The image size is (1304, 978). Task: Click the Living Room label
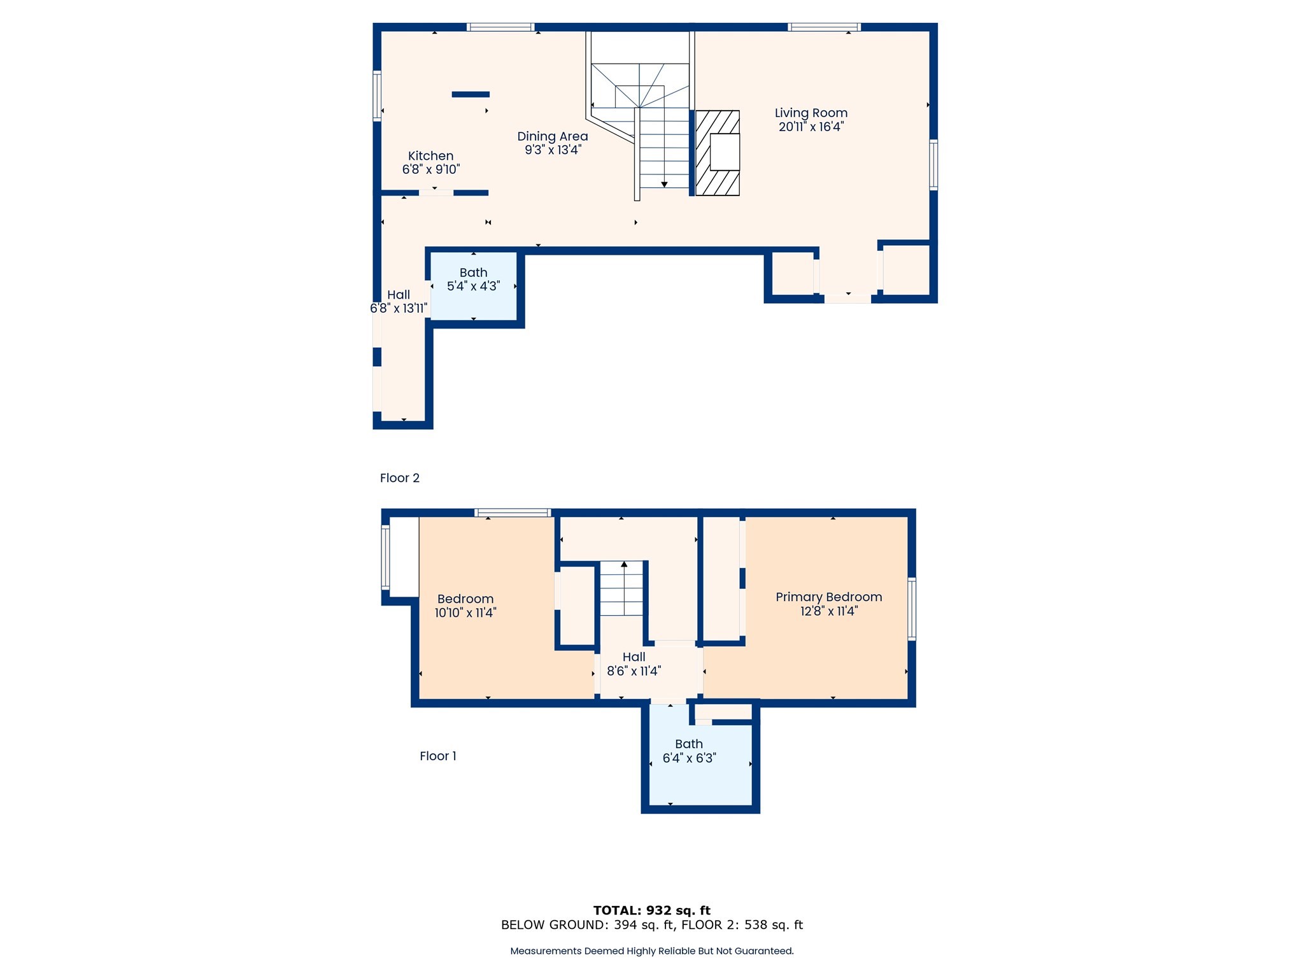(x=811, y=113)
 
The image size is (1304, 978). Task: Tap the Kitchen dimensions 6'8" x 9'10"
(x=430, y=169)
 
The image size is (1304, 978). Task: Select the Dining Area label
(x=552, y=136)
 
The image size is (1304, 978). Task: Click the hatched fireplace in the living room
(x=717, y=153)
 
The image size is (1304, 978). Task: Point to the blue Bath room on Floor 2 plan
(x=473, y=286)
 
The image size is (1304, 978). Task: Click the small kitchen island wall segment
(x=471, y=94)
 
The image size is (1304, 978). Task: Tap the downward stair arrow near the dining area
(x=664, y=184)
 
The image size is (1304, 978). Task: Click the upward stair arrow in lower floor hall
(x=624, y=564)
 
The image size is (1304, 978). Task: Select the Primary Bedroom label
(x=828, y=597)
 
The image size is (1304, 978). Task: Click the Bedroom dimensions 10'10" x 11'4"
(x=465, y=613)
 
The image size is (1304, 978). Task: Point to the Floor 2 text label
(x=399, y=478)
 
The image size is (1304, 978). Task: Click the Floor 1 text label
(x=437, y=756)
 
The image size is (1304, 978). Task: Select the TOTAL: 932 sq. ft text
(x=651, y=910)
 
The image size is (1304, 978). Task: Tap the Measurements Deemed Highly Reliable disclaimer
(x=651, y=951)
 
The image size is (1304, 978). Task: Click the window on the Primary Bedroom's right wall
(x=911, y=608)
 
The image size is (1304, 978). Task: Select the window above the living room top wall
(x=824, y=27)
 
